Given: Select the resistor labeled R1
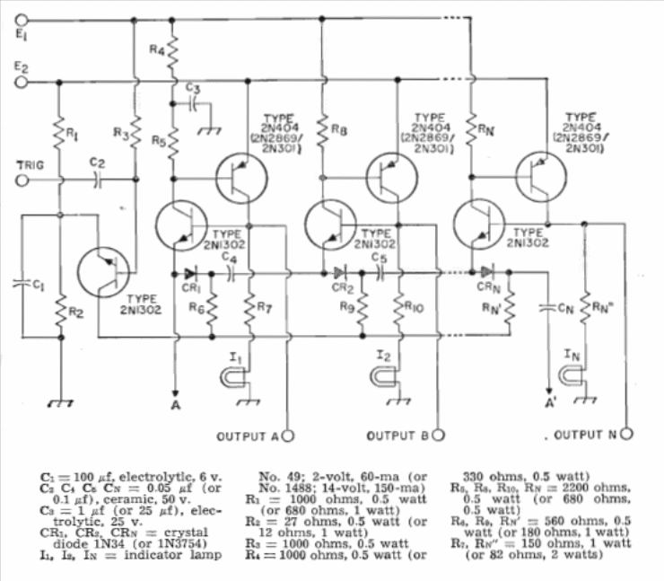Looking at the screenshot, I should click(x=59, y=133).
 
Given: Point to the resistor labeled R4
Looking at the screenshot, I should click(x=171, y=43).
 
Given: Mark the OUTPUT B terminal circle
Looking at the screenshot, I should click(x=438, y=436).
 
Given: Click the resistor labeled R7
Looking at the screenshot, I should click(x=249, y=309).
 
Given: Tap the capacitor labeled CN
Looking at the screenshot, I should click(x=546, y=309).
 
